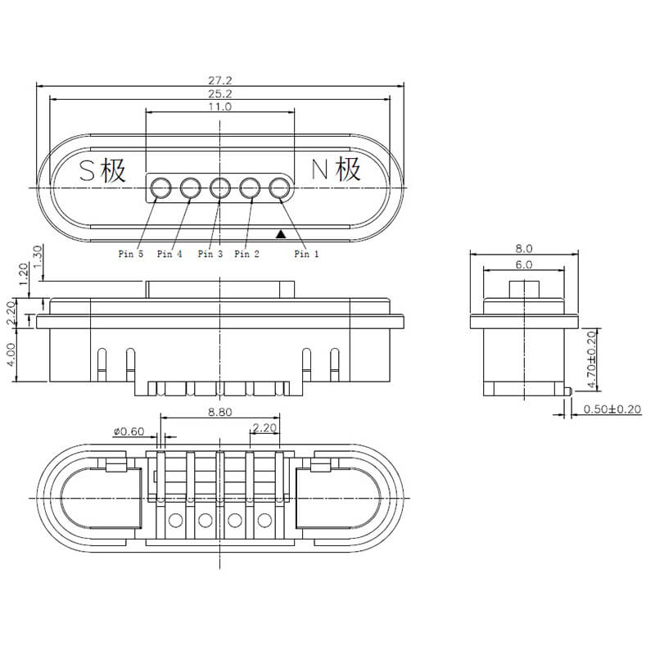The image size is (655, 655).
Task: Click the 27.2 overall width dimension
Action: point(220,80)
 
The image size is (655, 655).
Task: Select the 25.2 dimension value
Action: point(220,94)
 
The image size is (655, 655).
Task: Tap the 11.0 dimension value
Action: point(219,107)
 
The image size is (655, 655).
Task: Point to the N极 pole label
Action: point(337,169)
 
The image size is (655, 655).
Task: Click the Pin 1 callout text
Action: point(307,254)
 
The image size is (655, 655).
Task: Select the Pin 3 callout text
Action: point(210,254)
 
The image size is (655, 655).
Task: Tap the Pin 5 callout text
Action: point(130,254)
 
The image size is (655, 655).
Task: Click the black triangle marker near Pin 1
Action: point(281,234)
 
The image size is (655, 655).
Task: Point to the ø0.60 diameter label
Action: point(129,431)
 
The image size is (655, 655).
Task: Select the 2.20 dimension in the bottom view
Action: point(264,427)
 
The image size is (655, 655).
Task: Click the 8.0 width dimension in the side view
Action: point(524,248)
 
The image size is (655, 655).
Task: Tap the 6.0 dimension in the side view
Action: point(524,264)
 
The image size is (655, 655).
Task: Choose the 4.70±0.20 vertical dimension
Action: point(591,359)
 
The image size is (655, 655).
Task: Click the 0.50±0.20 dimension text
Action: point(612,409)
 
